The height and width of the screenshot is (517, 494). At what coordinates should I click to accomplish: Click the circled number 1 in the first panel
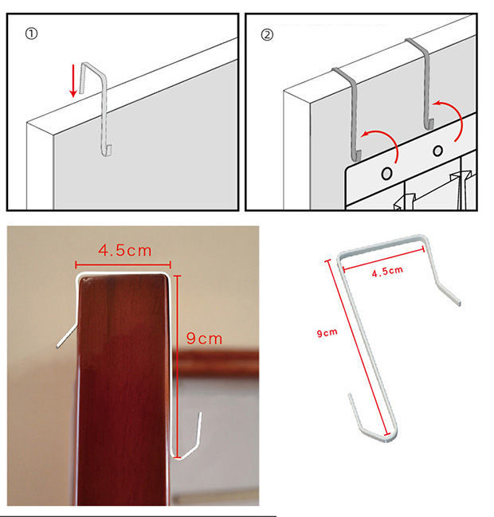coord(31,33)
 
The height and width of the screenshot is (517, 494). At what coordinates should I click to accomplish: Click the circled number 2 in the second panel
coord(267,34)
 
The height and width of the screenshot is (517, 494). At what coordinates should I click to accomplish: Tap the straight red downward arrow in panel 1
coord(73,80)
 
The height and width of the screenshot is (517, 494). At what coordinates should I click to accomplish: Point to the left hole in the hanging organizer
coord(386,174)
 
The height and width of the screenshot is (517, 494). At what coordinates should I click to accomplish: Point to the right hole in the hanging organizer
coord(437,151)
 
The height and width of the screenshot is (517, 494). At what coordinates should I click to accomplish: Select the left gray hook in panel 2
coord(354,112)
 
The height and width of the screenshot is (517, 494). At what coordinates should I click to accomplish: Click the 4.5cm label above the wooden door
coord(125,251)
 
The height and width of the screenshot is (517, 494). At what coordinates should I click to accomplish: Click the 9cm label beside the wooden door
coord(204,339)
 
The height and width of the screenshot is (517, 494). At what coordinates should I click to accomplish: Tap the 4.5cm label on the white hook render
coord(387,272)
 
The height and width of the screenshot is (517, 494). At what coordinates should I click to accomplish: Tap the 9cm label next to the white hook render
coord(327,333)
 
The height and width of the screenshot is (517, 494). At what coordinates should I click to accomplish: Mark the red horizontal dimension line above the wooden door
coord(123,264)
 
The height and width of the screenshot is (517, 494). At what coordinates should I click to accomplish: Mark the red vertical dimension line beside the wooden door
coord(177,366)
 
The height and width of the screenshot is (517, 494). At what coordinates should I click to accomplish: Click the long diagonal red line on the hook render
coord(359,347)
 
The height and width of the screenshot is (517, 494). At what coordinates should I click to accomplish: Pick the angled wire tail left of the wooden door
coord(67,336)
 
